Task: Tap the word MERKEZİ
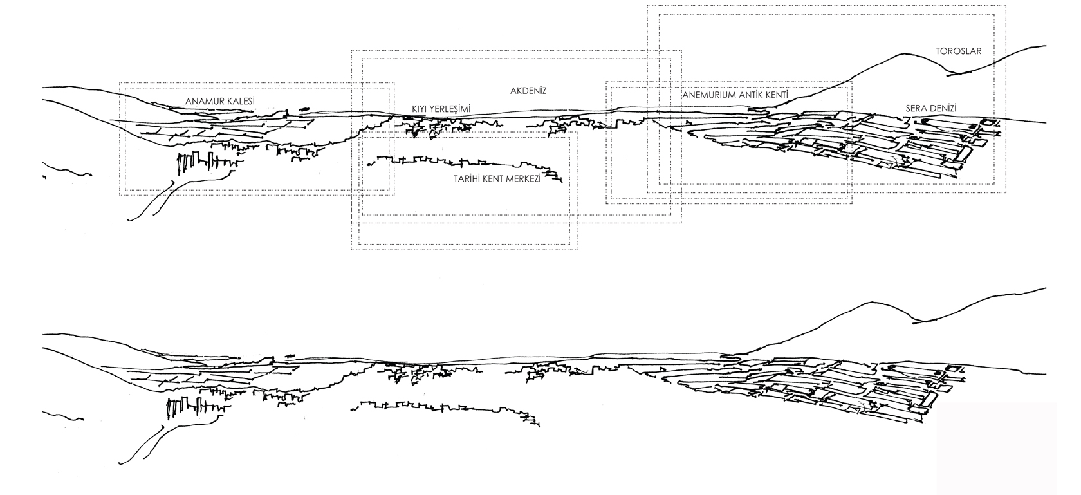(x=524, y=180)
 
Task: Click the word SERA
(x=917, y=109)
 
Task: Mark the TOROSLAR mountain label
(x=959, y=51)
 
